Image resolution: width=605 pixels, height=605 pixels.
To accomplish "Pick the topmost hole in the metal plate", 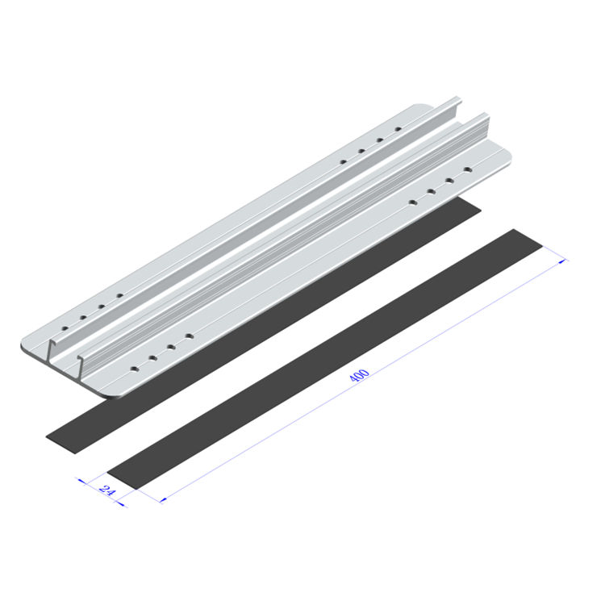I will point(397,129).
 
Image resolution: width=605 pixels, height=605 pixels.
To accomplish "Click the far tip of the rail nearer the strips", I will point(486,116).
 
